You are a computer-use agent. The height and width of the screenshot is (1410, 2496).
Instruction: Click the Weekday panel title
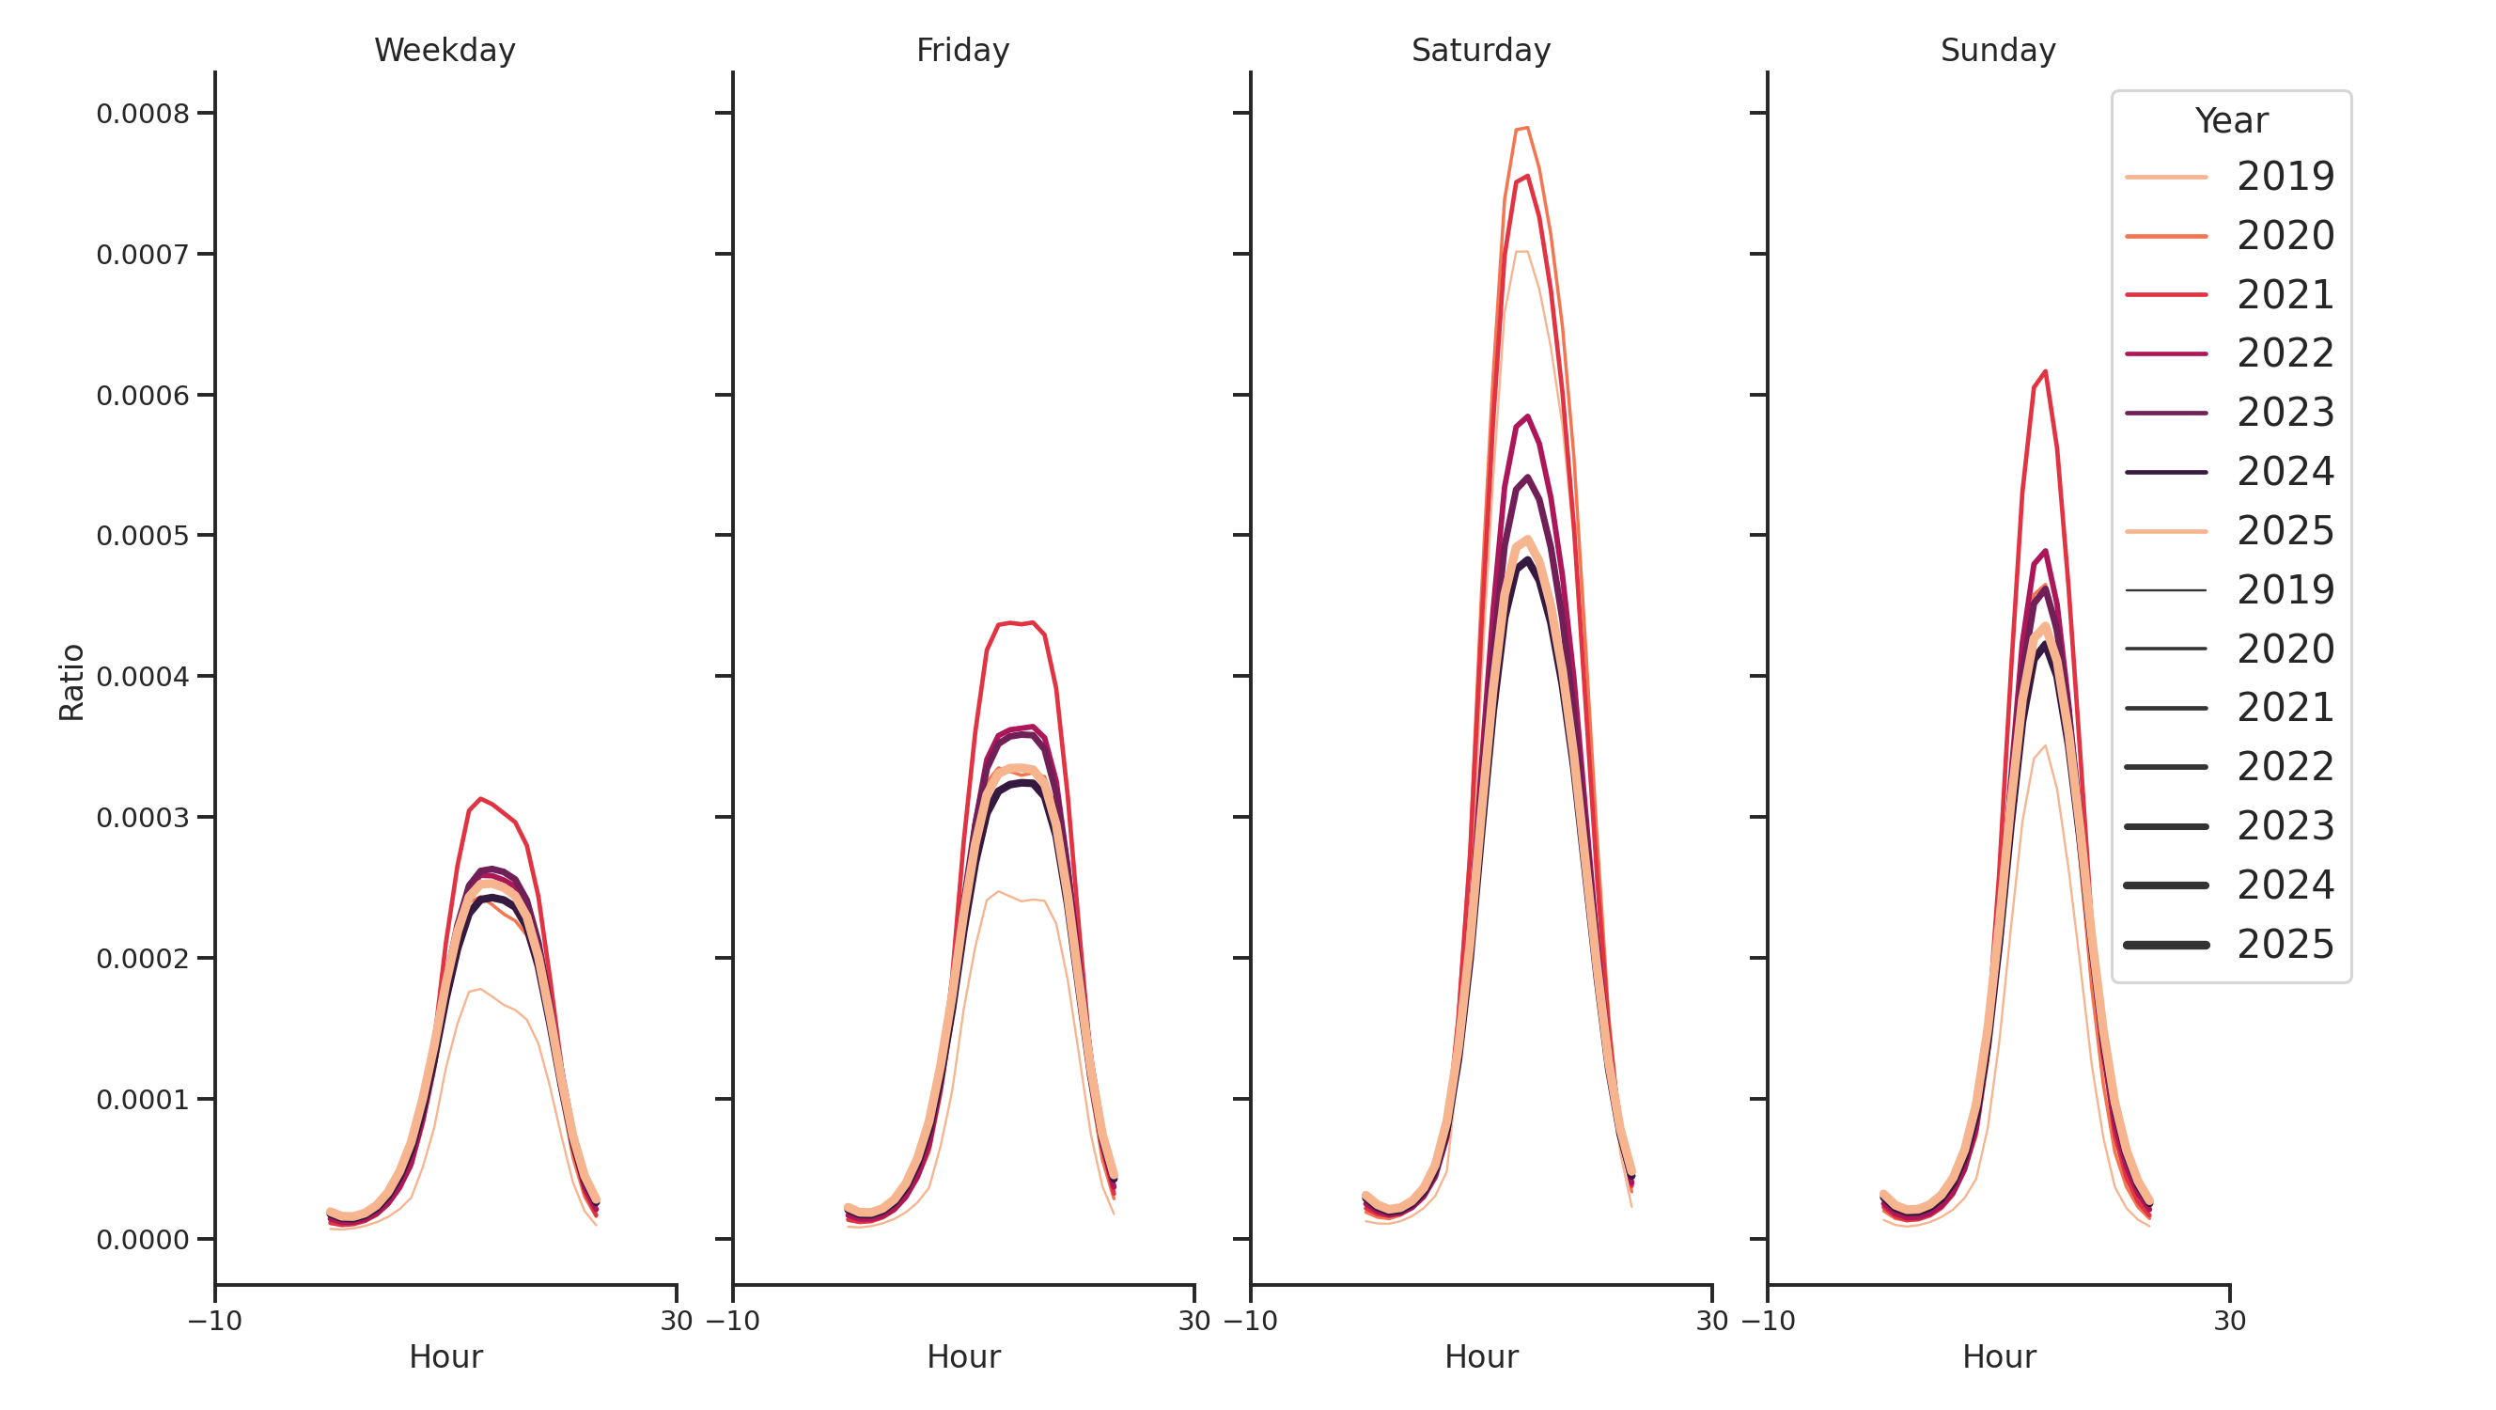[445, 51]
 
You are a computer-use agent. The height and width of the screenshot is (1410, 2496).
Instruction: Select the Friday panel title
[962, 51]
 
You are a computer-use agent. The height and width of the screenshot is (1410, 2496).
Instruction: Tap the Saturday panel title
[1479, 51]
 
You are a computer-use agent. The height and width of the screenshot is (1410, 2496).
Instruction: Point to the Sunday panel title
[1997, 51]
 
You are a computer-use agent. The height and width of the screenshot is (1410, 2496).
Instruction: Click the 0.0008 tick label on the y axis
[144, 115]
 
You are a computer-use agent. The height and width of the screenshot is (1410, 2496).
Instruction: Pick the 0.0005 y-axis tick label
[144, 536]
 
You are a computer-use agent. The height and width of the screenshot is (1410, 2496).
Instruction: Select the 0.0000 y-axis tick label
[144, 1241]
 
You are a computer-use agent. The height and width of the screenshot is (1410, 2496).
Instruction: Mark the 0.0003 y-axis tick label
[144, 818]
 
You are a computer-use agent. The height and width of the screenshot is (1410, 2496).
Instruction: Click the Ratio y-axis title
[71, 682]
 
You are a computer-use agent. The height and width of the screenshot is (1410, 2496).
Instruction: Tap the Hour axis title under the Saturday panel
[1480, 1356]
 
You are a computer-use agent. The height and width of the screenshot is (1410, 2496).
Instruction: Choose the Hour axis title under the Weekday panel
[445, 1356]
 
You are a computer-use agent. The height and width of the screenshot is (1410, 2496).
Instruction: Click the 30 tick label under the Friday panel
[1193, 1321]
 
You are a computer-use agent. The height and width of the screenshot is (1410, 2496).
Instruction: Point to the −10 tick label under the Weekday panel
[215, 1321]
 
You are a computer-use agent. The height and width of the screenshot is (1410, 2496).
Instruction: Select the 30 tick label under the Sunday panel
[2229, 1321]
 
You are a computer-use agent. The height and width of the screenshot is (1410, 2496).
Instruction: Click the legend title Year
[2230, 121]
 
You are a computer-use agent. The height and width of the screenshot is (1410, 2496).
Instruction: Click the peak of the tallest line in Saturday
[1527, 128]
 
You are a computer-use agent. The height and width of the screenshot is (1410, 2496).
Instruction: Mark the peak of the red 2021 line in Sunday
[2045, 371]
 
